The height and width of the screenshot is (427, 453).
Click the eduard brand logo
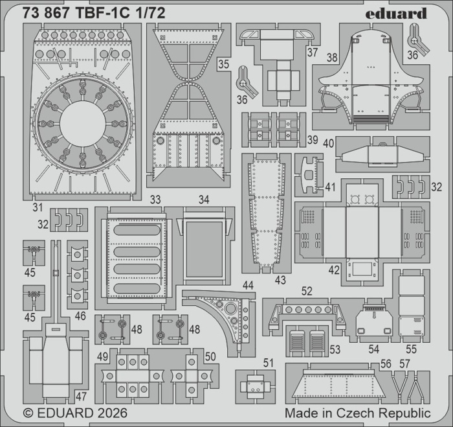coord(396,14)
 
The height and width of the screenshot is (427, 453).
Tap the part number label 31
coord(38,207)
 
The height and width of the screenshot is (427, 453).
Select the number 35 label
coord(224,64)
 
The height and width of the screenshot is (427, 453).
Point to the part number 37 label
coord(313,52)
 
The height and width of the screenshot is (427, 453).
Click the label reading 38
coord(332,58)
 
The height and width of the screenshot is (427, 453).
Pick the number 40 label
coord(329,143)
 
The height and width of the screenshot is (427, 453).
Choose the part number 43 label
coord(280,280)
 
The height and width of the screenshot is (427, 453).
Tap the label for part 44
coord(248,285)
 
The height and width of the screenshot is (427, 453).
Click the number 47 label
coord(81,397)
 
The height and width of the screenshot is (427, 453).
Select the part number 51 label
coord(268,363)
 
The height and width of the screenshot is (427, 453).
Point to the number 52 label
coord(307,292)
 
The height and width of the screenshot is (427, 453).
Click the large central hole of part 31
coord(83,124)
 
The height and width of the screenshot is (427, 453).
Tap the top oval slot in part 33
coord(137,230)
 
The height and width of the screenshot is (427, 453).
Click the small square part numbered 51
coord(256,386)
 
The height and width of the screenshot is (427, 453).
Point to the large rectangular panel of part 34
coord(204,249)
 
